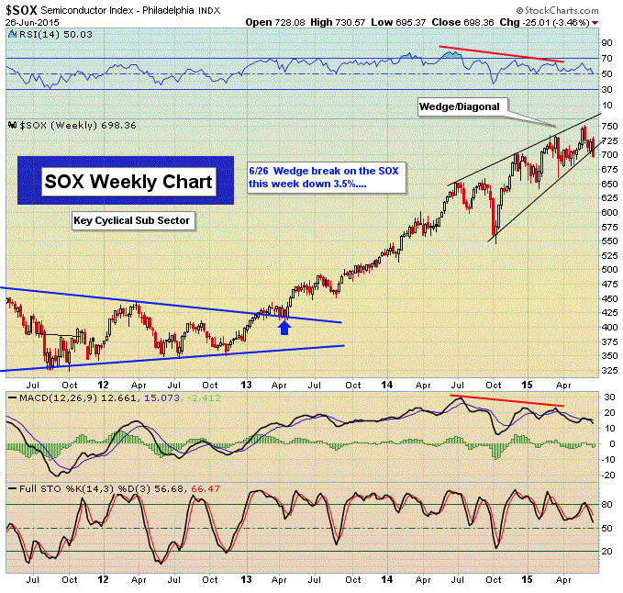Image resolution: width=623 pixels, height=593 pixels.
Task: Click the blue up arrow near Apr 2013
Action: pos(284,326)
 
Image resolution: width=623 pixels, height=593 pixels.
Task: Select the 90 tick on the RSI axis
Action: pos(606,42)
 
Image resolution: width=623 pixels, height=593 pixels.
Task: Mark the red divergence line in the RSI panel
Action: pos(501,53)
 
